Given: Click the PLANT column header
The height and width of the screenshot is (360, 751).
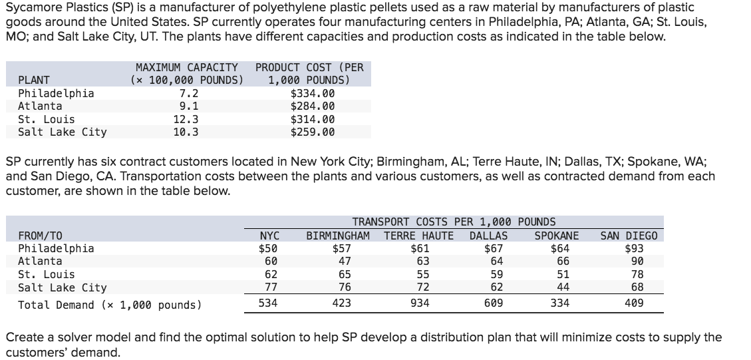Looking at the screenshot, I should (x=34, y=81).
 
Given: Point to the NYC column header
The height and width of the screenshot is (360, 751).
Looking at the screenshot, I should (x=269, y=236).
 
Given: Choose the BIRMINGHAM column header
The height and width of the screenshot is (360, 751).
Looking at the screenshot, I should (x=338, y=236).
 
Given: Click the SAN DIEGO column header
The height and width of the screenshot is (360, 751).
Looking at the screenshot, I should (x=629, y=236).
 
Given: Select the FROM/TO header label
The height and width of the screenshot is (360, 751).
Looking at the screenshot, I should (x=40, y=236).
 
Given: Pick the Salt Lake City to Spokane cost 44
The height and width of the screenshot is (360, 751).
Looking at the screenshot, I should (x=563, y=287).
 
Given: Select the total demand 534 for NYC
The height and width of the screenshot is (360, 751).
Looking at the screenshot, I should (x=269, y=304).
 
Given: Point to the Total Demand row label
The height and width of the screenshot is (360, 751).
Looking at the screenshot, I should (x=109, y=305).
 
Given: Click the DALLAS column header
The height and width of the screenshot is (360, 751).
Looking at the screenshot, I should (x=488, y=236).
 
